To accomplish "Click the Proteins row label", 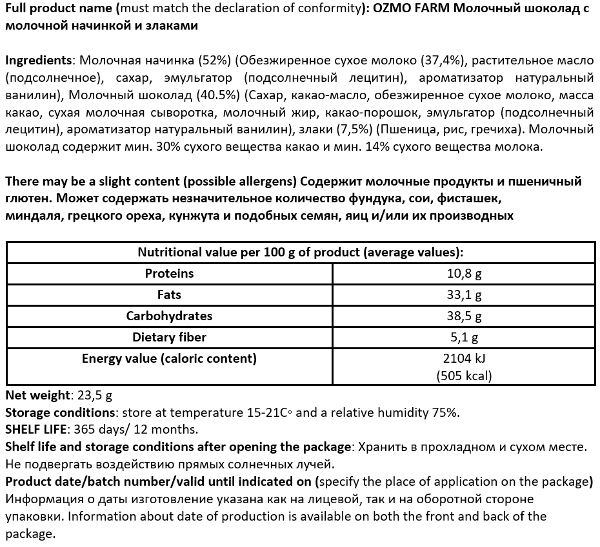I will click(169, 273).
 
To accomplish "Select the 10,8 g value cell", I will click(465, 274).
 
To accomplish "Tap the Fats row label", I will click(169, 294).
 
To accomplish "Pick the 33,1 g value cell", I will click(465, 295).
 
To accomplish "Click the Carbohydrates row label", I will click(169, 316).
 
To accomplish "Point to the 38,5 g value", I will click(465, 316).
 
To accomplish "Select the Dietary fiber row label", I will click(169, 337).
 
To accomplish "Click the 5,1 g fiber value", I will click(465, 338).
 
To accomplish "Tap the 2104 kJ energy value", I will click(465, 359).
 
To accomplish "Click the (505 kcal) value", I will click(465, 376).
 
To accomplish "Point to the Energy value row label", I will click(169, 358).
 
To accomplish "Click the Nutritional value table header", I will click(301, 252).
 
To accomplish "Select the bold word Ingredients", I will click(38, 60).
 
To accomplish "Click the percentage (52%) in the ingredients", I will click(214, 60).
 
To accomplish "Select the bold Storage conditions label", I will click(59, 412).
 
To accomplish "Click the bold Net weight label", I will click(37, 396).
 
